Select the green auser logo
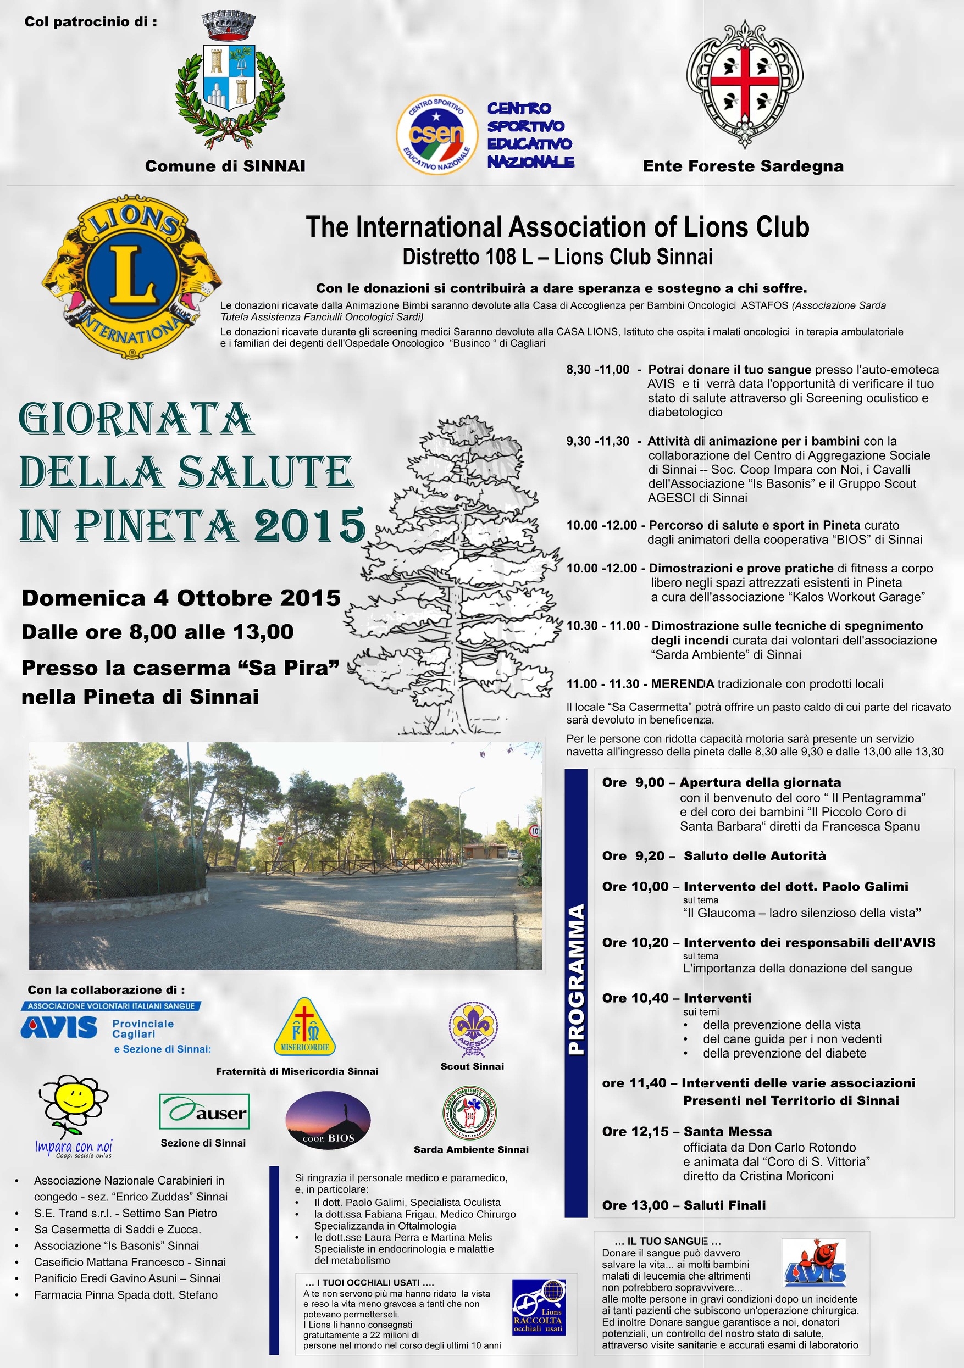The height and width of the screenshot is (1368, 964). (x=204, y=1111)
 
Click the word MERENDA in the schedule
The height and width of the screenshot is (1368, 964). (x=683, y=683)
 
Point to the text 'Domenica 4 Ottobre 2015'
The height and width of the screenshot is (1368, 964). (x=181, y=598)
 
